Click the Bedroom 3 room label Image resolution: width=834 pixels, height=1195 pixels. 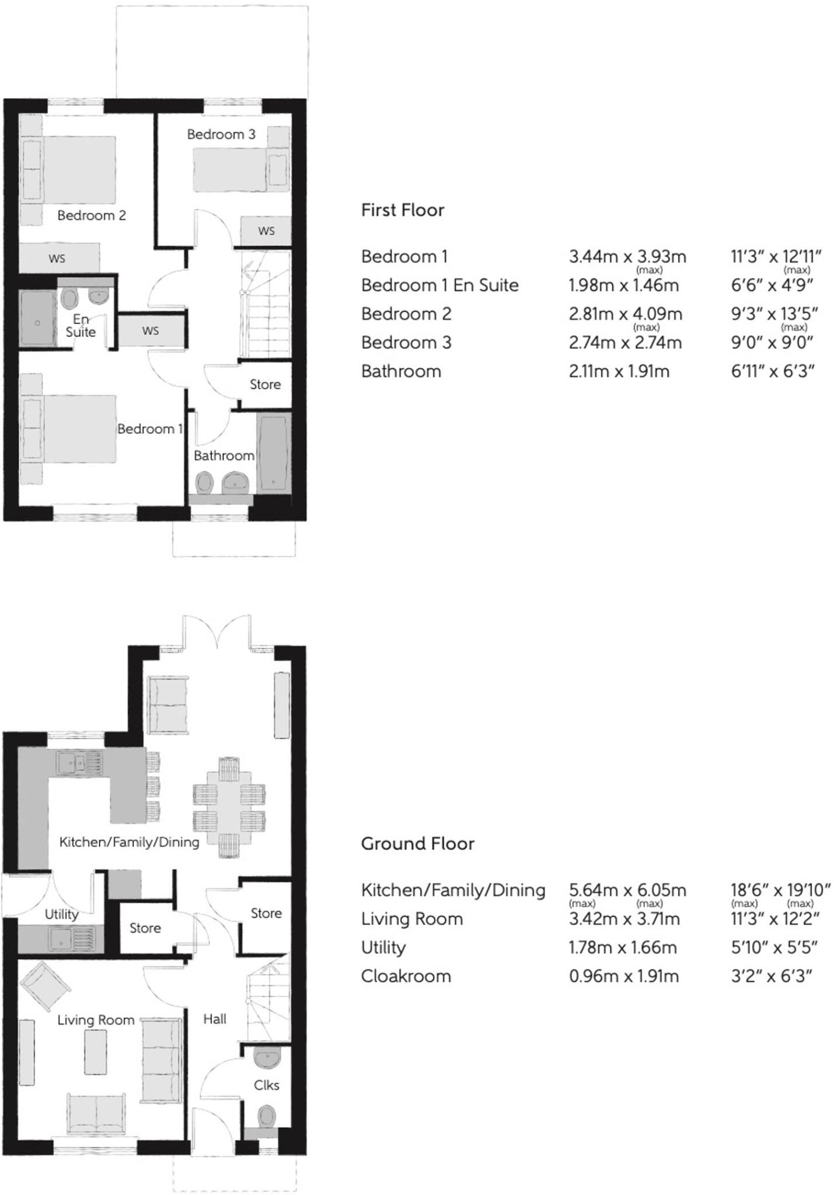pos(221,134)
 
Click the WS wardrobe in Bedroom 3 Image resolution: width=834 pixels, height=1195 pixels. pos(266,231)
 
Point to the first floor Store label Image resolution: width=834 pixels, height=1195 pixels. pos(265,385)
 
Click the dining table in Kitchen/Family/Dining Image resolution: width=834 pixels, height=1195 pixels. pos(229,806)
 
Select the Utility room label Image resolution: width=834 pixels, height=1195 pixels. pos(61,914)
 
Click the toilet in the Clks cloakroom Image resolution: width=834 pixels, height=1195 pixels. pos(267,1117)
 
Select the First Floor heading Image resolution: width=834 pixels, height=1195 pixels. pos(402,210)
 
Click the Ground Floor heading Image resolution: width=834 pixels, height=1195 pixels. pos(417,843)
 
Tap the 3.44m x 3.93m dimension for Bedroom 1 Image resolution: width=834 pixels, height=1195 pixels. pos(627,256)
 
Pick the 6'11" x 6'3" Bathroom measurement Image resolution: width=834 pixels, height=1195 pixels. pos(773,371)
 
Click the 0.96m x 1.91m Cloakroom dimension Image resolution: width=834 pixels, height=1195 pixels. pos(623,976)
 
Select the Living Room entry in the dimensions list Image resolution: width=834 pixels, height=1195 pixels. pos(411,918)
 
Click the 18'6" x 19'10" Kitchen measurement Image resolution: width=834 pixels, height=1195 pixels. pos(780,890)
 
